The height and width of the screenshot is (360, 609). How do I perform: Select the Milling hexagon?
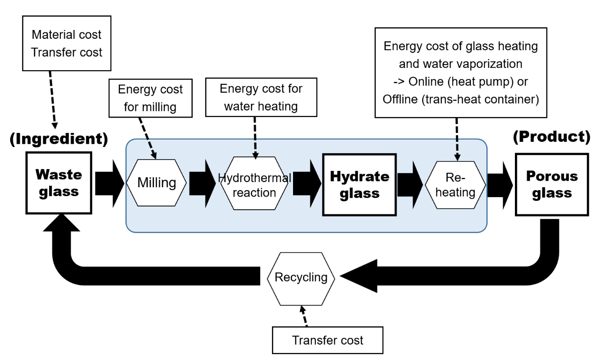tap(156, 183)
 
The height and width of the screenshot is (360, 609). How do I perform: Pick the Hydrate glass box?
tap(359, 184)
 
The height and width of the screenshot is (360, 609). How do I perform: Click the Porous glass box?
tap(551, 184)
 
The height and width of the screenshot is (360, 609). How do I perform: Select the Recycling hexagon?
tap(301, 277)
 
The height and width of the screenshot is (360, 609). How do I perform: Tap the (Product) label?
tap(551, 137)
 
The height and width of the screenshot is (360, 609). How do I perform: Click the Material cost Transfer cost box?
tap(66, 44)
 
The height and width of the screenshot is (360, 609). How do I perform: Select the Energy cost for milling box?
tap(150, 98)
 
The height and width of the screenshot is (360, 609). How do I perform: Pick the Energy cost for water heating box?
tap(261, 97)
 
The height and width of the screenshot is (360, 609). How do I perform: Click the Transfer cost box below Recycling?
tap(327, 340)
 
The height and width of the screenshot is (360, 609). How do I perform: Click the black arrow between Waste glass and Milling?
tap(108, 183)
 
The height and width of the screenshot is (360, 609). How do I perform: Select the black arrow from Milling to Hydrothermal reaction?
tap(202, 183)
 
